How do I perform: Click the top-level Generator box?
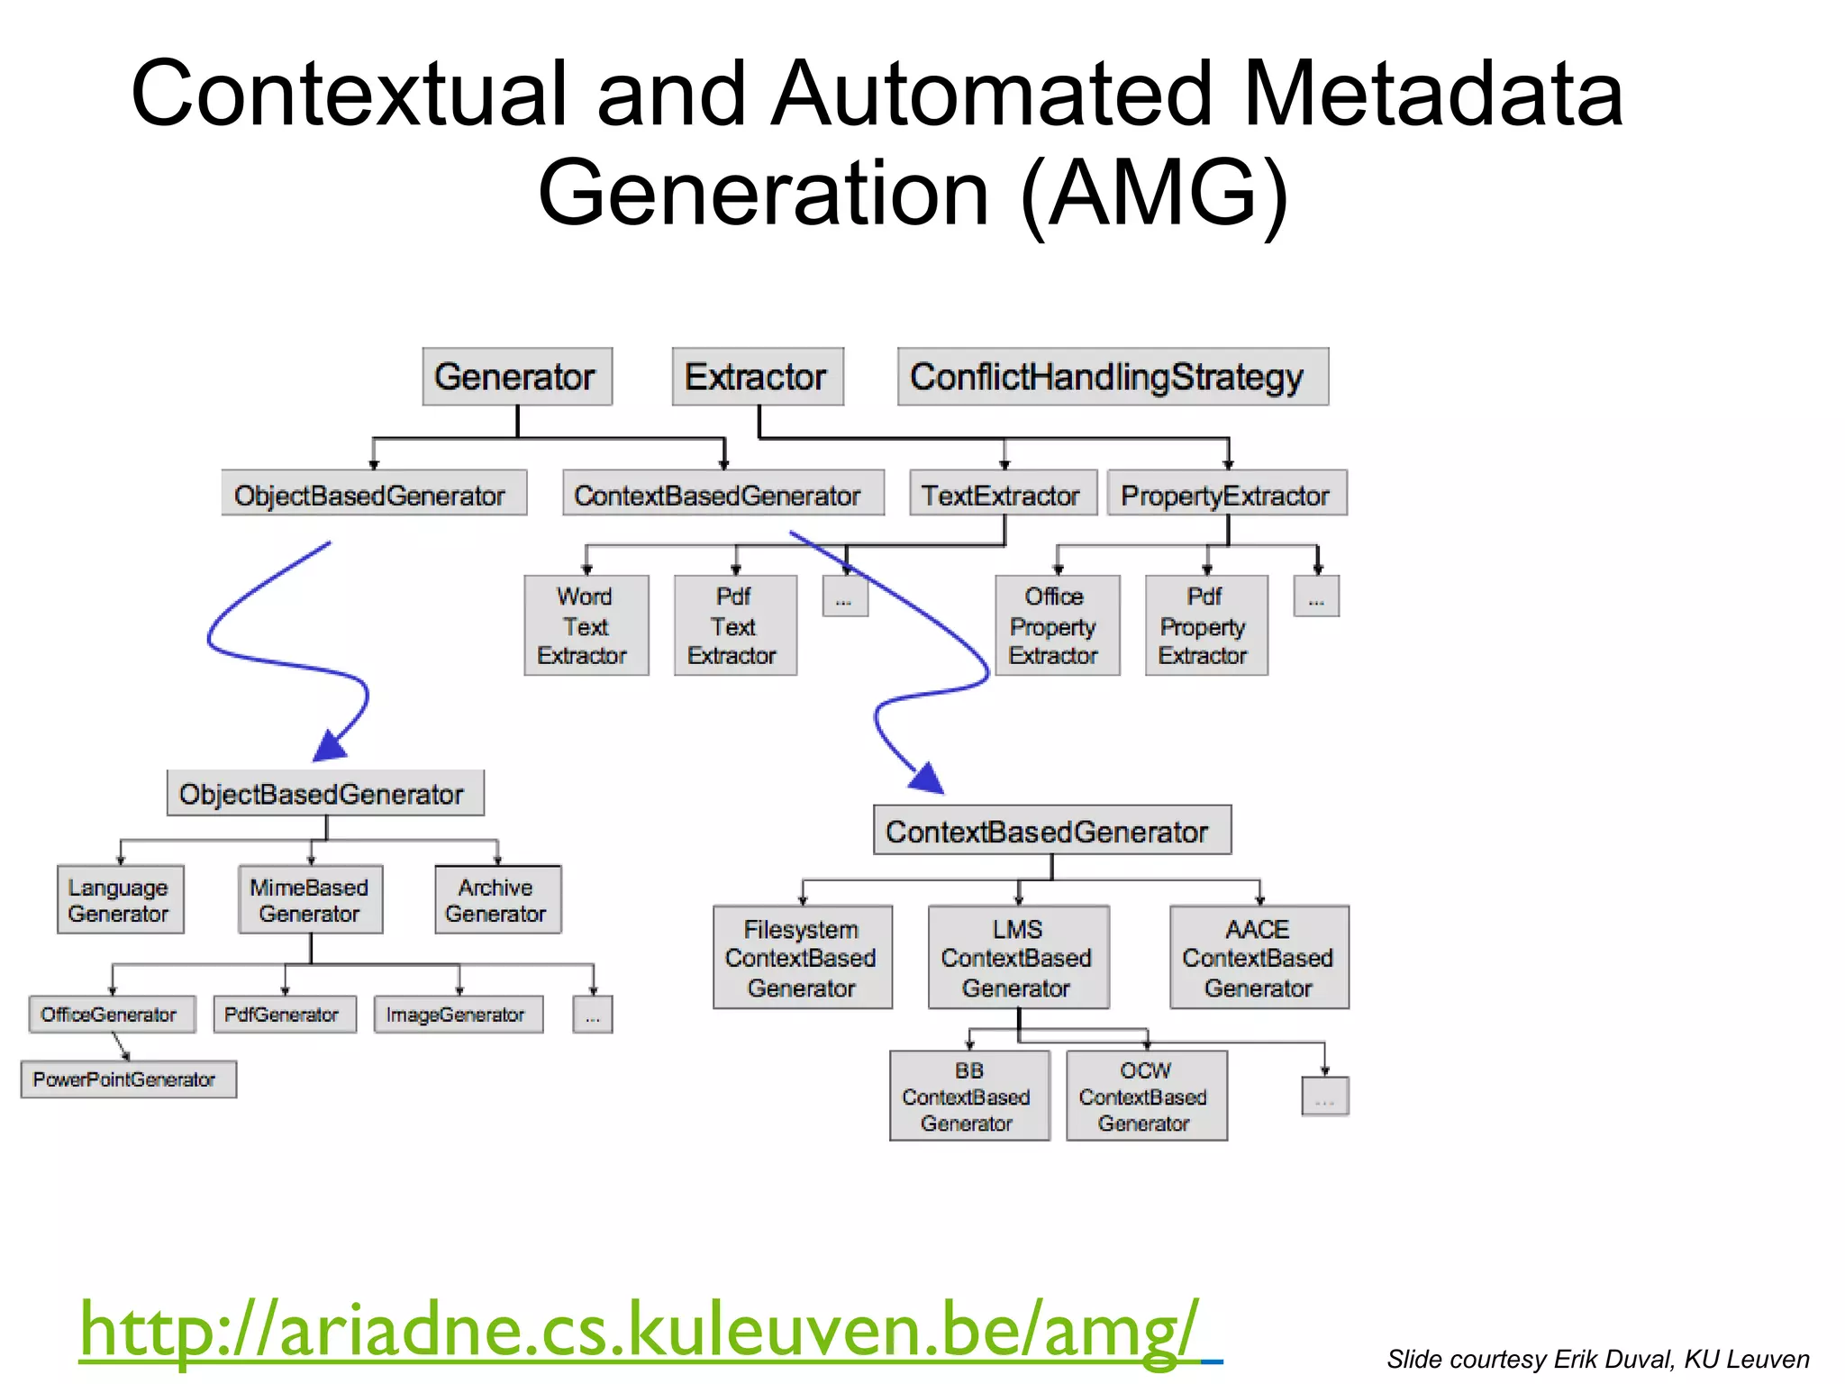pos(517,377)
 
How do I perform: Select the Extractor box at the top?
pos(757,377)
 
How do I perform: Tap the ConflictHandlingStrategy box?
pos(1112,377)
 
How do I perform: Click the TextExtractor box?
pos(1002,494)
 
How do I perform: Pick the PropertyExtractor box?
pos(1226,494)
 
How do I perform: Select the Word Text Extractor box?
pos(586,625)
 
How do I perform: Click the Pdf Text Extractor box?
pos(734,625)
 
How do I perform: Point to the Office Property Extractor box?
pos(1056,625)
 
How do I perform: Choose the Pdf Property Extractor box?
pos(1205,625)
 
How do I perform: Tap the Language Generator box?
pos(120,899)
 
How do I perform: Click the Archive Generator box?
pos(497,899)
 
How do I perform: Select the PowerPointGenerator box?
pos(128,1079)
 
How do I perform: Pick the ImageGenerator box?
pos(458,1015)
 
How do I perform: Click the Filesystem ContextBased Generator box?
pos(802,957)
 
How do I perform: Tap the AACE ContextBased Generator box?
pos(1259,957)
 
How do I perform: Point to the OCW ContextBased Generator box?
pos(1146,1096)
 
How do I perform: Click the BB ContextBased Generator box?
pos(969,1096)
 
